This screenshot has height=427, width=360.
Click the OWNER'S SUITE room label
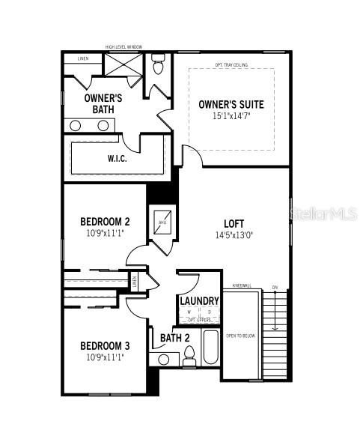pos(231,104)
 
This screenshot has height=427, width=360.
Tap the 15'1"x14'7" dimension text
pos(231,116)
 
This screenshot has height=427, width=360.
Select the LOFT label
pos(234,223)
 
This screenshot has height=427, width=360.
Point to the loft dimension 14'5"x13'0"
pos(234,234)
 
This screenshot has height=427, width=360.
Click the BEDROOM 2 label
pos(106,222)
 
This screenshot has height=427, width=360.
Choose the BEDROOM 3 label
pos(106,345)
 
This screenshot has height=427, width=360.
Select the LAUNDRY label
pos(199,301)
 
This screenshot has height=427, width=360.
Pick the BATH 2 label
pos(175,338)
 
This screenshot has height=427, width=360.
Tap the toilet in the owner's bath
pos(157,66)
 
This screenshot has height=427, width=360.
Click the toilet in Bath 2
pos(189,360)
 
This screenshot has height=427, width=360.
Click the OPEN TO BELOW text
pos(240,336)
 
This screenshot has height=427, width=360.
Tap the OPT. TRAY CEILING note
pos(231,64)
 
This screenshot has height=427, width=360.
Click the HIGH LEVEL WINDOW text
pos(123,46)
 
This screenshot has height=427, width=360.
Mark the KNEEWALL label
pos(241,285)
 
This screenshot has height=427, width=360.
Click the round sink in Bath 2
pos(163,360)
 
